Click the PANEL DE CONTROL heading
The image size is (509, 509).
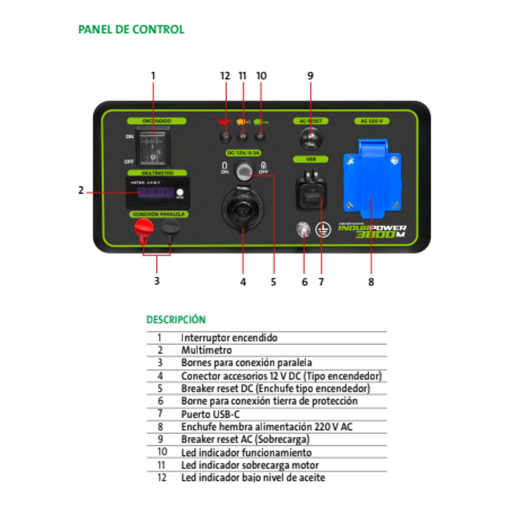(x=131, y=29)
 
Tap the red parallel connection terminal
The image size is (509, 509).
(x=142, y=230)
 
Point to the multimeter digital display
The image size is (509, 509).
(x=156, y=192)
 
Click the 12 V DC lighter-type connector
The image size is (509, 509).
(x=242, y=209)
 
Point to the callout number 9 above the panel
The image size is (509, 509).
(x=310, y=76)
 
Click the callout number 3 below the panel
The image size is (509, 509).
(x=157, y=281)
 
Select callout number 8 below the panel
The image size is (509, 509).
(x=371, y=282)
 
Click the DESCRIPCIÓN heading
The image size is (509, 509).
(x=176, y=319)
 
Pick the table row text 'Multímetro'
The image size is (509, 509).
(x=206, y=350)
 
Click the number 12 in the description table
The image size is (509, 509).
(x=161, y=478)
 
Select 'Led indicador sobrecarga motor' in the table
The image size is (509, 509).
(x=250, y=465)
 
